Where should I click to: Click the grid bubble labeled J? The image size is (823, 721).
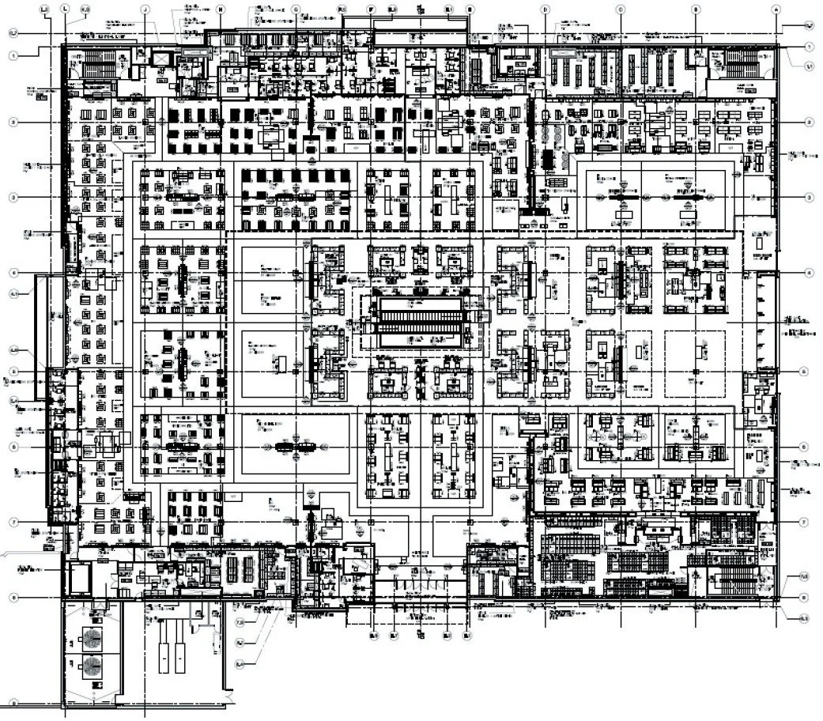(146, 9)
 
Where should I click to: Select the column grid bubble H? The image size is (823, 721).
(221, 9)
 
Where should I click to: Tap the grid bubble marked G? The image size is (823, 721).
(296, 9)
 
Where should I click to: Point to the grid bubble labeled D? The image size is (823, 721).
(545, 9)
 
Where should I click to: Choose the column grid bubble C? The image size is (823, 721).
(620, 9)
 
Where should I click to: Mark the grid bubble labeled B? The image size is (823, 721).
(696, 9)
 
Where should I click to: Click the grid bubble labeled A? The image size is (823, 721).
(776, 9)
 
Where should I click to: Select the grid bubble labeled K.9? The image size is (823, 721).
(85, 9)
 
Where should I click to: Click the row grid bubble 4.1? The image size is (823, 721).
(13, 294)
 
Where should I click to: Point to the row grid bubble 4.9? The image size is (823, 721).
(13, 350)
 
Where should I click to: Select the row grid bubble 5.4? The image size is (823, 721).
(13, 401)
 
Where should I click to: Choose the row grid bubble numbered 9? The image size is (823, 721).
(13, 701)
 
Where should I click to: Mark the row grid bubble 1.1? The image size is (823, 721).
(810, 67)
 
